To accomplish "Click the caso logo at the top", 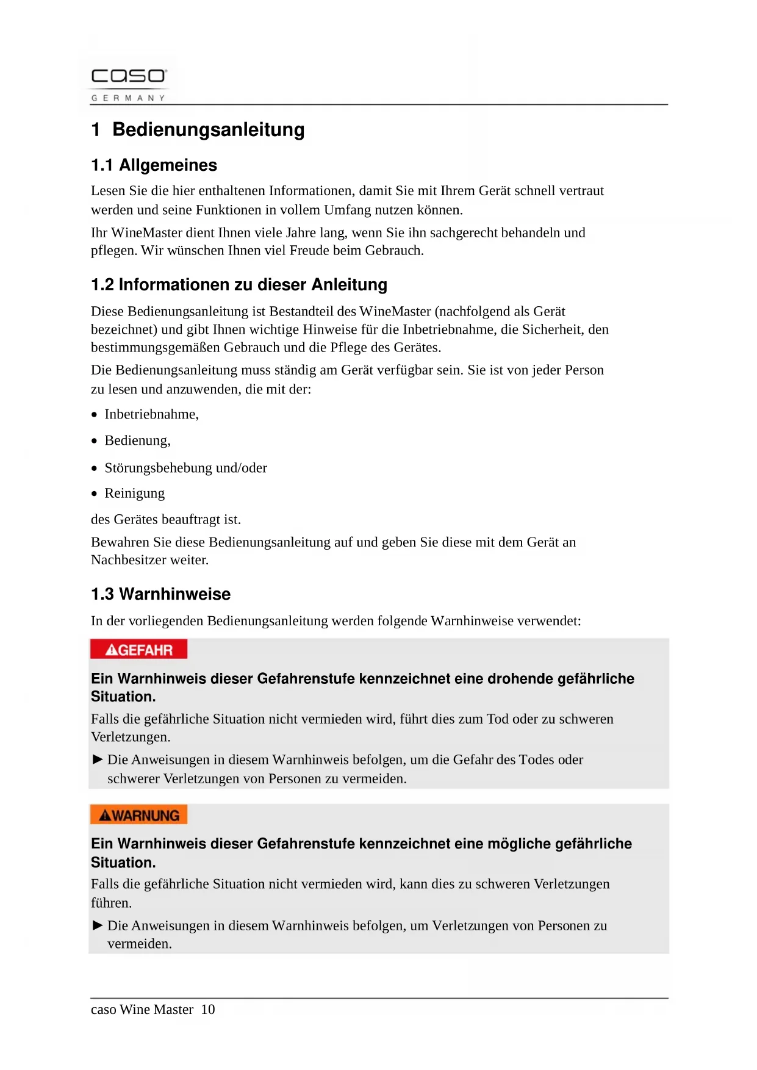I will click(128, 76).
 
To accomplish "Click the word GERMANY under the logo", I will click(128, 98).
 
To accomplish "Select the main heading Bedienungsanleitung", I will click(208, 129).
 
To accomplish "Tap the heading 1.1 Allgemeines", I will click(154, 165).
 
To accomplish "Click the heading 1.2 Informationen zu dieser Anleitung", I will click(239, 284).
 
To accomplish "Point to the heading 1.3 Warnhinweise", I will click(160, 594).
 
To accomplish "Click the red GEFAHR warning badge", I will click(138, 650).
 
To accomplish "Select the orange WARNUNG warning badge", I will click(138, 815).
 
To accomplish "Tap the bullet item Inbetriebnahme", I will click(151, 414).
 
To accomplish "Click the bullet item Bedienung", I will click(137, 440).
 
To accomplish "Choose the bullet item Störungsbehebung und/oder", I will click(185, 468).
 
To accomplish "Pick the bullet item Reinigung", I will click(134, 493).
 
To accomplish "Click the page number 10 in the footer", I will click(208, 1009).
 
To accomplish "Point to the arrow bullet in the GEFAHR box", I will click(98, 759).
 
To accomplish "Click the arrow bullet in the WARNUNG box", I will click(98, 925).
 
